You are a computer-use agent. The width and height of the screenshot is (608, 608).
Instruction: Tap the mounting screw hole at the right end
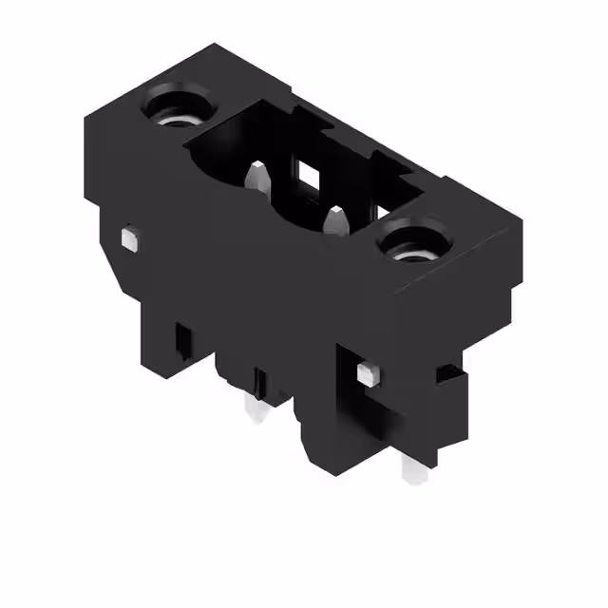pos(414,241)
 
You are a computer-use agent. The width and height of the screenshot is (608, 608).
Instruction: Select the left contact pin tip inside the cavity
pos(255,176)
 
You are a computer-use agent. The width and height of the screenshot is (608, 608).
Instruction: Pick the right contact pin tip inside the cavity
pos(335,219)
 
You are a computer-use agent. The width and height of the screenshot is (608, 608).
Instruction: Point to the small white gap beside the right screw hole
pos(381,214)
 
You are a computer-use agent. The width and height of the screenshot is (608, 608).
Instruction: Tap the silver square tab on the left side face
pos(130,238)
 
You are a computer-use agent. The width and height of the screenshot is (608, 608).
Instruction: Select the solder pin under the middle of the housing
pos(254,408)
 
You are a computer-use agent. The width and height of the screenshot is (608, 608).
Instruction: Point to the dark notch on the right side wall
pos(446,372)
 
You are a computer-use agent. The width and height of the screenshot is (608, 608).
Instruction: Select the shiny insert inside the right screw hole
pos(414,251)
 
